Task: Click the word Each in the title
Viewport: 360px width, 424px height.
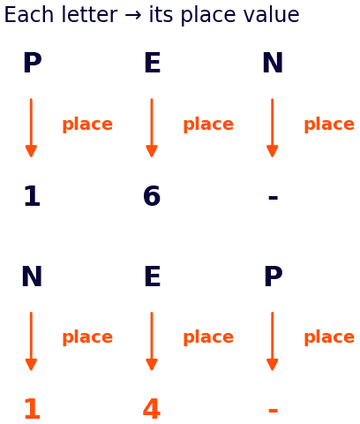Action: pos(28,15)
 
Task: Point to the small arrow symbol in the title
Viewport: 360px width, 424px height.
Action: pos(133,16)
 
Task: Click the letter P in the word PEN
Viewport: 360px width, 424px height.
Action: pos(33,63)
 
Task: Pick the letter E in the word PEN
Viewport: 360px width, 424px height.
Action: pos(153,63)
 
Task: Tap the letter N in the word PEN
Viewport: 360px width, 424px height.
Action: pos(273,63)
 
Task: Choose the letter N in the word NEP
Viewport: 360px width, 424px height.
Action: pos(32,276)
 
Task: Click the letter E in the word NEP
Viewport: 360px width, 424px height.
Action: pos(153,276)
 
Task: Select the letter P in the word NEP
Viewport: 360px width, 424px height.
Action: pos(274,276)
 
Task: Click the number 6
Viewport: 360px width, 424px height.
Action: pos(152,195)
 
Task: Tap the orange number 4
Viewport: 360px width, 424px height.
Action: pos(152,408)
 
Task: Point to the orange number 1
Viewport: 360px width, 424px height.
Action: pos(32,408)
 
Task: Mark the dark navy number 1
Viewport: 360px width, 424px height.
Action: pos(32,195)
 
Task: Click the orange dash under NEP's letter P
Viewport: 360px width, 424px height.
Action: pos(273,410)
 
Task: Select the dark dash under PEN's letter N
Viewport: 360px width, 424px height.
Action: pos(273,197)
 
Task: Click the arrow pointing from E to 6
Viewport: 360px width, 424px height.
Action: pos(152,128)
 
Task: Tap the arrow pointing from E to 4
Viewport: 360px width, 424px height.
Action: pos(152,341)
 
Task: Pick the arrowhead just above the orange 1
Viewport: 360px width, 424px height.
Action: pos(31,365)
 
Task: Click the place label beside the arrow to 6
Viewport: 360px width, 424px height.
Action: pos(208,125)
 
